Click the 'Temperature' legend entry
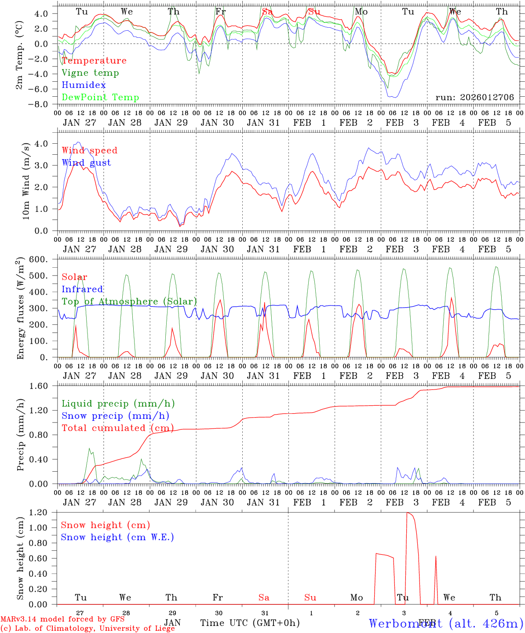coord(94,61)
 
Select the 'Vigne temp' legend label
coord(90,73)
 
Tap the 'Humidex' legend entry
coord(84,85)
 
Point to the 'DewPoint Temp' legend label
coord(100,98)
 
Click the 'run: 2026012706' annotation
coord(474,97)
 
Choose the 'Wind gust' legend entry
coord(86,163)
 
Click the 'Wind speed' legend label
coord(90,150)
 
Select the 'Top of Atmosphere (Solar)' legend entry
coord(129,302)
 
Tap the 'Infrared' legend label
coord(82,289)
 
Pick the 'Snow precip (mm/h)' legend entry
coord(115,416)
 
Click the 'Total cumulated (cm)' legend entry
coord(117,428)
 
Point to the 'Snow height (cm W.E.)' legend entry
coord(117,537)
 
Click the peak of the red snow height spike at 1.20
coord(407,513)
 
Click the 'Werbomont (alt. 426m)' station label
coord(446,623)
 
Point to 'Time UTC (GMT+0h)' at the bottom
coord(250,623)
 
